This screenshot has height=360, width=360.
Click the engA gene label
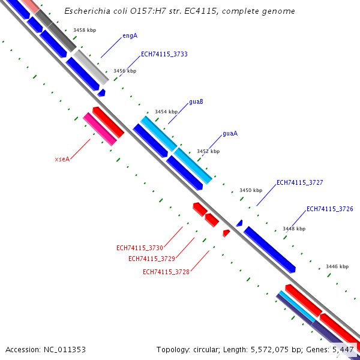pos(130,36)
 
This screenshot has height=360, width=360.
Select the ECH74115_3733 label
pos(164,55)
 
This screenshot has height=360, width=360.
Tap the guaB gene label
pos(196,102)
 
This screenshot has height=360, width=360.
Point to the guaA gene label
pos(230,134)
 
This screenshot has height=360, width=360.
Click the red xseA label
pos(62,160)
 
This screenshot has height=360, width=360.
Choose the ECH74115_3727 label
pos(299,182)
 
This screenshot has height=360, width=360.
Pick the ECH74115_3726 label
pos(329,209)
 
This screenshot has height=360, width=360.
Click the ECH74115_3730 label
pos(139,248)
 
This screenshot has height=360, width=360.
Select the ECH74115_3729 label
pos(151,259)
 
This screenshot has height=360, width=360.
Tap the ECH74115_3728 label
pos(166,272)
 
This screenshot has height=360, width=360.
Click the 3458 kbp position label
pos(84,29)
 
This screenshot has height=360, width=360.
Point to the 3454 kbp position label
pos(166,112)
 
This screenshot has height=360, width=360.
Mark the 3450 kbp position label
pos(251,190)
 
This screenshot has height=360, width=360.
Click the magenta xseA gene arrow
pos(100,129)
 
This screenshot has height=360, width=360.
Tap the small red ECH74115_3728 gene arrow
pos(226,232)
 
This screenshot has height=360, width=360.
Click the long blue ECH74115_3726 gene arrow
pos(270,250)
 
